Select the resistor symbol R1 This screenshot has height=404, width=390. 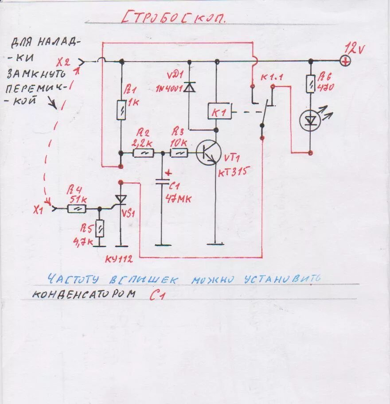pyautogui.click(x=121, y=110)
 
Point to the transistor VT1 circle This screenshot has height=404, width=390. pyautogui.click(x=209, y=153)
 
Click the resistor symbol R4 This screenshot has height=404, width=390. pyautogui.click(x=76, y=208)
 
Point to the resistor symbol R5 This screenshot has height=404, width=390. pyautogui.click(x=100, y=229)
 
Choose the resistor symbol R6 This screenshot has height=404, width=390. pyautogui.click(x=310, y=84)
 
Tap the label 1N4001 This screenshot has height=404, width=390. pyautogui.click(x=169, y=88)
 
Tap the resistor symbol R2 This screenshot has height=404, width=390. pyautogui.click(x=144, y=153)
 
